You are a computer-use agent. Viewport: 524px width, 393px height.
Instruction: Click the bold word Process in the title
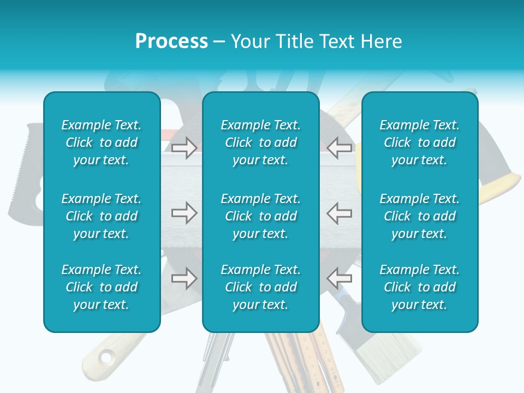tap(171, 41)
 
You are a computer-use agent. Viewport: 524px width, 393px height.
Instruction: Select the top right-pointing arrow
tap(184, 147)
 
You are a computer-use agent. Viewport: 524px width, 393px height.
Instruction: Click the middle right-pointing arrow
tap(184, 213)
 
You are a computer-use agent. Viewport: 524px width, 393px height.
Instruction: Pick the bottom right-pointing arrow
tap(184, 278)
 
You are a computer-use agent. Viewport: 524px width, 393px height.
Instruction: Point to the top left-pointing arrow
tap(340, 147)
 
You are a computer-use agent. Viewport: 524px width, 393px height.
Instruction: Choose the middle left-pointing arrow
tap(340, 213)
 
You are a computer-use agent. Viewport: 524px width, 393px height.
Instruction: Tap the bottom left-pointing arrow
tap(340, 278)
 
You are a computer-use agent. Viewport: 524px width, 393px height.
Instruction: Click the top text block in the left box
tap(102, 142)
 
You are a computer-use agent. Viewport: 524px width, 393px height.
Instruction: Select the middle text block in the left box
tap(102, 216)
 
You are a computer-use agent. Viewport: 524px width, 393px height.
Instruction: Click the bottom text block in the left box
tap(102, 287)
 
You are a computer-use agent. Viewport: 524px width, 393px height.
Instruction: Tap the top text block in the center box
tap(260, 142)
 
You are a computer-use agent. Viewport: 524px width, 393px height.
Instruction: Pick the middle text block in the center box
tap(260, 216)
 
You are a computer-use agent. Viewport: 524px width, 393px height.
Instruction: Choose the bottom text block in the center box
tap(260, 287)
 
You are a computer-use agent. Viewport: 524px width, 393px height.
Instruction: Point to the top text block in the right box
tap(420, 142)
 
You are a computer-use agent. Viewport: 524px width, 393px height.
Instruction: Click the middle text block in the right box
tap(420, 216)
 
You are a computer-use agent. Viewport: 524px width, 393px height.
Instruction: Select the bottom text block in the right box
tap(420, 287)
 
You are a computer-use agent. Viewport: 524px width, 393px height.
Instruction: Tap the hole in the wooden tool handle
tap(106, 358)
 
